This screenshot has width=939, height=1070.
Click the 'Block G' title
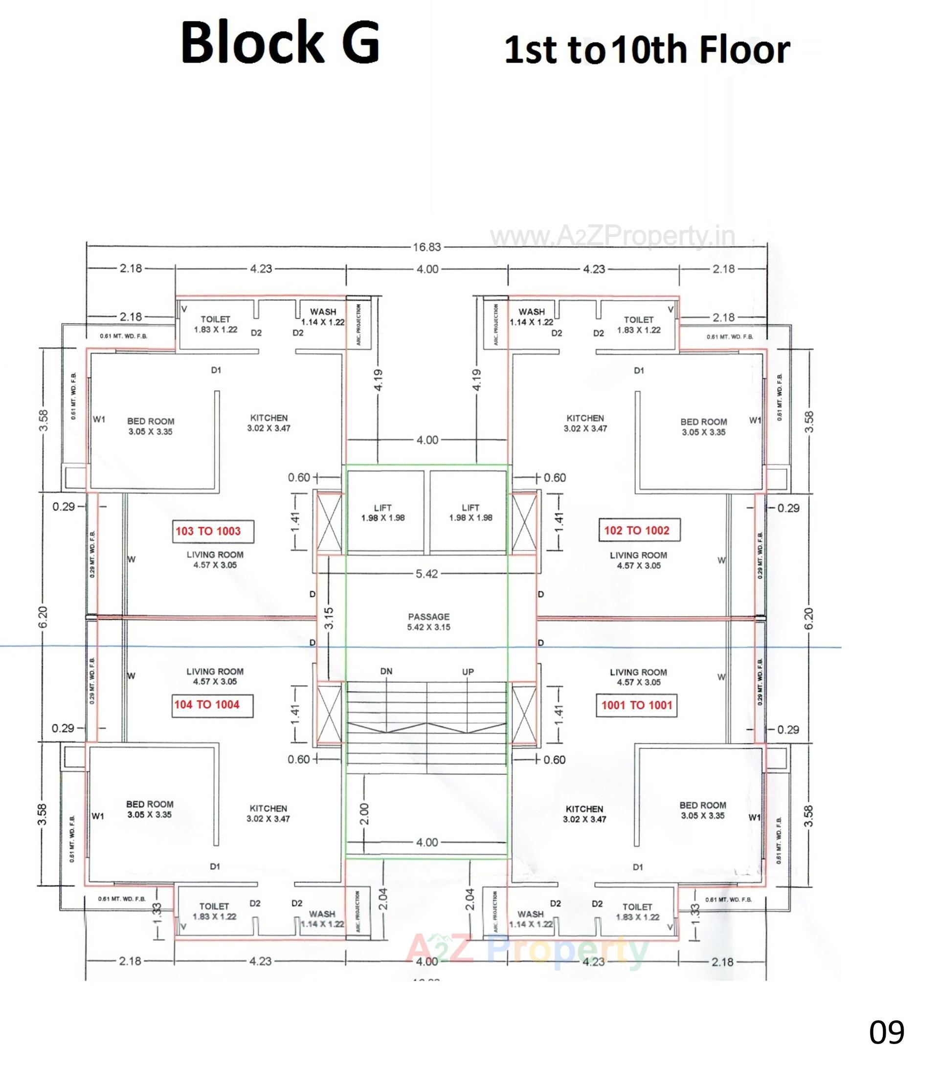[280, 44]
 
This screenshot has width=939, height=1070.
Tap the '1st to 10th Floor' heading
[647, 50]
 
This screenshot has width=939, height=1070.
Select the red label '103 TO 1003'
[208, 532]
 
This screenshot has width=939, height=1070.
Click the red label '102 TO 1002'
[636, 530]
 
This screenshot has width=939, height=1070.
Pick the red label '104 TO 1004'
[207, 705]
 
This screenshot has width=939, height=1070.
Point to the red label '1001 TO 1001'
[636, 705]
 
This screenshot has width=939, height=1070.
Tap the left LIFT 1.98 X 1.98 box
[382, 513]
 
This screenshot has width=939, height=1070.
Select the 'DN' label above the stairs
[386, 671]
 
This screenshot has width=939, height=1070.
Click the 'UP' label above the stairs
[468, 671]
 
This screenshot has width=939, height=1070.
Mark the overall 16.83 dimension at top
[426, 247]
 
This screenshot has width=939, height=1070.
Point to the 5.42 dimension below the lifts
[426, 574]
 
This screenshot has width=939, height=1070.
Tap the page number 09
[887, 1033]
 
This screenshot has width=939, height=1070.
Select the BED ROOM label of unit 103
[150, 426]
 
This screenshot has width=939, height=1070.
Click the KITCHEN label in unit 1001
[584, 813]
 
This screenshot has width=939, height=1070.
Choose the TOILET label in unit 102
[638, 325]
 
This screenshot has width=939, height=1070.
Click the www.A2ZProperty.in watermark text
[612, 237]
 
